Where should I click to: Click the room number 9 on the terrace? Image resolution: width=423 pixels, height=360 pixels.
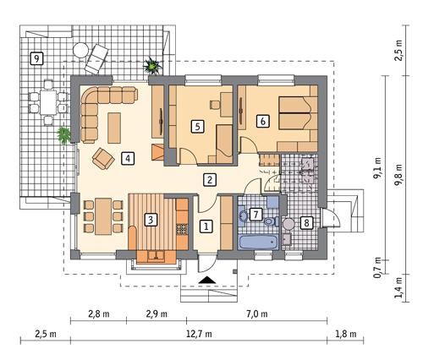pyautogui.click(x=35, y=58)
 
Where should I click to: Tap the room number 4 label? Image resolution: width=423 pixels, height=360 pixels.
pyautogui.click(x=126, y=157)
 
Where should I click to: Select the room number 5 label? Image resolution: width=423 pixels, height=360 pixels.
pyautogui.click(x=197, y=126)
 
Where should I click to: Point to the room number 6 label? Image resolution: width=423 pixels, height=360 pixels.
pyautogui.click(x=263, y=122)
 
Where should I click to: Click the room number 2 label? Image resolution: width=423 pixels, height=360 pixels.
pyautogui.click(x=209, y=178)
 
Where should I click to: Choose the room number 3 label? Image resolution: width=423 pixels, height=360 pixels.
pyautogui.click(x=150, y=220)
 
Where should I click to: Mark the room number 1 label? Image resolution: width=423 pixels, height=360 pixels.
pyautogui.click(x=205, y=226)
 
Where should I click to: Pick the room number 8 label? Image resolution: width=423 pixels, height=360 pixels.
pyautogui.click(x=307, y=222)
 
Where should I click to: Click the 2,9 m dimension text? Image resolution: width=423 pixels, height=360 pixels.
pyautogui.click(x=154, y=314)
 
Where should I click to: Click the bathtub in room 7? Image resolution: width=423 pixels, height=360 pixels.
pyautogui.click(x=258, y=243)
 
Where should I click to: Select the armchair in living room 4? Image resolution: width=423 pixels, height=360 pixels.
pyautogui.click(x=102, y=157)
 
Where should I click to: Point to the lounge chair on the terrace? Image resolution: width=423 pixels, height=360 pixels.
pyautogui.click(x=96, y=55)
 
